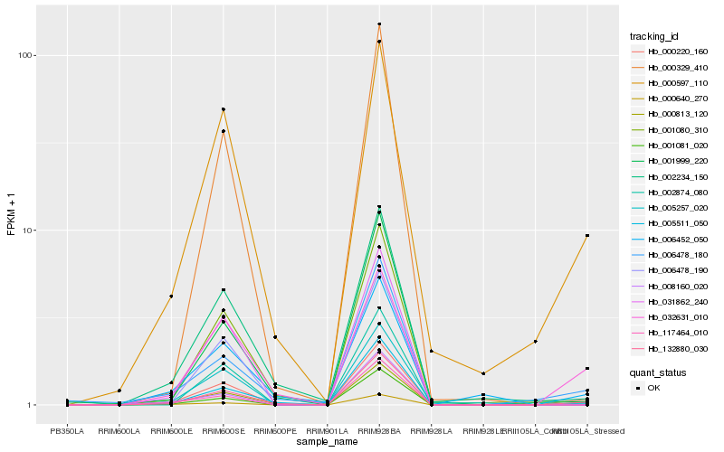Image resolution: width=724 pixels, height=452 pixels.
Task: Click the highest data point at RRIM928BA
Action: click(x=379, y=24)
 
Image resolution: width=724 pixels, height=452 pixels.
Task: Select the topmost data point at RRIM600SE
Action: click(x=223, y=109)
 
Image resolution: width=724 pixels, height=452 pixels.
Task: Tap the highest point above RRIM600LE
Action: click(x=171, y=297)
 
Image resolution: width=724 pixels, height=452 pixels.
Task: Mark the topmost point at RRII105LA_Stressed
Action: click(x=587, y=236)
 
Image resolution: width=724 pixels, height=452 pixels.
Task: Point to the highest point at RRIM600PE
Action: click(x=275, y=337)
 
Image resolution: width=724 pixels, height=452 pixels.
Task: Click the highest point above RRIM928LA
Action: click(x=431, y=351)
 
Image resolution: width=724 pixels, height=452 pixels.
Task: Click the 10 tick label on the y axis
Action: click(x=28, y=230)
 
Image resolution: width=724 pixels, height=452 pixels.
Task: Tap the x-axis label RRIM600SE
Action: click(x=223, y=429)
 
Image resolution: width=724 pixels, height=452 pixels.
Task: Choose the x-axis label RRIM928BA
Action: click(x=379, y=429)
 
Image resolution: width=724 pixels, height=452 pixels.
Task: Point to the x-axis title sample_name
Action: click(x=327, y=442)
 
